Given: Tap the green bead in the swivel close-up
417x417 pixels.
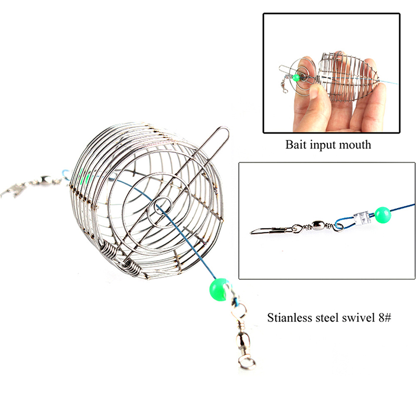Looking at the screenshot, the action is pyautogui.click(x=383, y=215).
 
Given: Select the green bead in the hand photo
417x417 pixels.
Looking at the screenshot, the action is pyautogui.click(x=296, y=78).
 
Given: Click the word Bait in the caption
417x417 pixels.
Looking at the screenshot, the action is pyautogui.click(x=296, y=145).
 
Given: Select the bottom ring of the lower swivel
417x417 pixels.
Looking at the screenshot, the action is pyautogui.click(x=247, y=362).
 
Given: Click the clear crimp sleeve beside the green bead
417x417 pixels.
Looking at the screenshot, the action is pyautogui.click(x=362, y=217).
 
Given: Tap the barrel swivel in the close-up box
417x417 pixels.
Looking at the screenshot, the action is pyautogui.click(x=318, y=226).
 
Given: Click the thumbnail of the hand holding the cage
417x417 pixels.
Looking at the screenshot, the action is pyautogui.click(x=332, y=73).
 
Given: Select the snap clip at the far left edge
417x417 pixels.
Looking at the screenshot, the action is pyautogui.click(x=12, y=190).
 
